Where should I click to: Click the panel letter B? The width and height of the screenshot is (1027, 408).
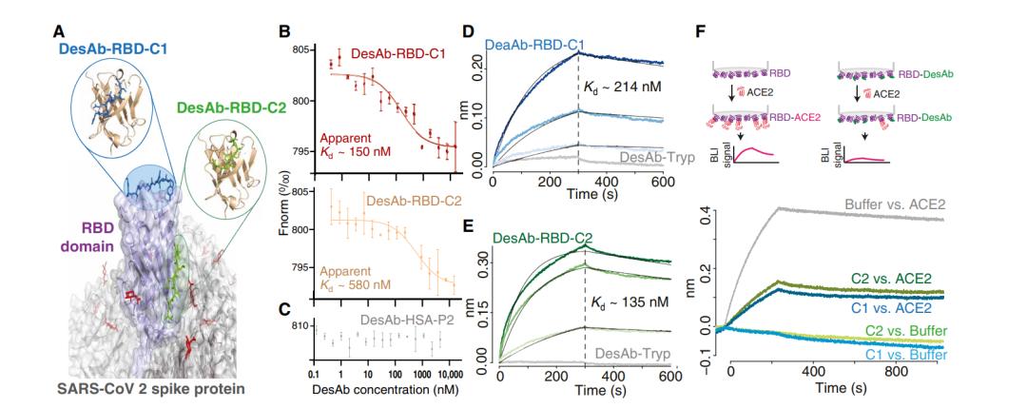[x=283, y=30]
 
